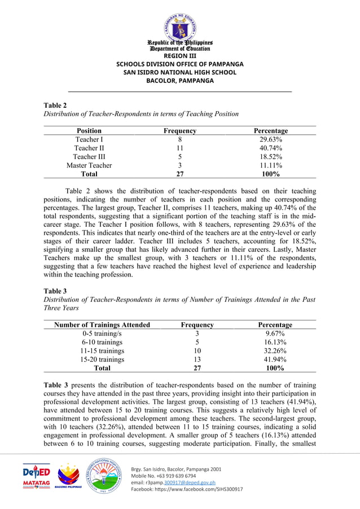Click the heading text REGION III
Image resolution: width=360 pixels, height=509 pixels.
[179, 56]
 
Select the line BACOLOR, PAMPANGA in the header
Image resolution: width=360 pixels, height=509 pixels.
[179, 81]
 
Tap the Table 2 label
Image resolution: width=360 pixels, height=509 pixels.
[55, 105]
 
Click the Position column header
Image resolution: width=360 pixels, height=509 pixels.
[89, 130]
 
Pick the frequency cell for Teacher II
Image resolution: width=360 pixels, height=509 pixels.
[179, 148]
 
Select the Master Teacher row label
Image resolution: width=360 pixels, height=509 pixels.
[89, 165]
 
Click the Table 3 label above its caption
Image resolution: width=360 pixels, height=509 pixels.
[55, 291]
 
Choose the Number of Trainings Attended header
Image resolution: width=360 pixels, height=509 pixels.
[102, 324]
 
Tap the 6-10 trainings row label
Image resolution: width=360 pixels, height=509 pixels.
[102, 342]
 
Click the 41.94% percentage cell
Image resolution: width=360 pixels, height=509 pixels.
[275, 359]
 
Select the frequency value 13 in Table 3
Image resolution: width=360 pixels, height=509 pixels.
[197, 359]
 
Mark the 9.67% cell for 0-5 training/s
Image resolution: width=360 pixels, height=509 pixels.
[275, 334]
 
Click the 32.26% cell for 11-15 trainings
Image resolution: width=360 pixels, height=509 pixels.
[275, 350]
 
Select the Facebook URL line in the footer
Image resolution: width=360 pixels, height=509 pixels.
[187, 489]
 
